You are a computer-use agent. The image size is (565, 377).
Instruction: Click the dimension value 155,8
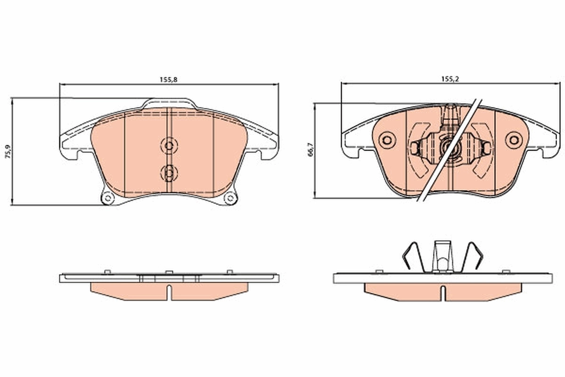[x=169, y=80]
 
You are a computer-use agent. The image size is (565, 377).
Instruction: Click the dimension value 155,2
[x=449, y=80]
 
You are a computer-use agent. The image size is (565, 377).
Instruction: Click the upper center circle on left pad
[x=168, y=144]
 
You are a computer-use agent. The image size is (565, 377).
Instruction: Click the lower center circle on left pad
[x=168, y=172]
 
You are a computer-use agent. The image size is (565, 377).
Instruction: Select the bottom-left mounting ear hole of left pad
[x=108, y=198]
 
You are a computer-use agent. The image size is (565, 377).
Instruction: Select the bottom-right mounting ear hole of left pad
[x=230, y=198]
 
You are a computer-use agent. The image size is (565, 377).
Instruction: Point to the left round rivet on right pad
[x=387, y=139]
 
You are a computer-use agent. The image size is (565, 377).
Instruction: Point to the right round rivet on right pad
[x=513, y=139]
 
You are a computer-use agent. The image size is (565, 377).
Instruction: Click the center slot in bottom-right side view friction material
[x=443, y=293]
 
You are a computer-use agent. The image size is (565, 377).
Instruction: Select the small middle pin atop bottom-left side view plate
[x=168, y=272]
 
